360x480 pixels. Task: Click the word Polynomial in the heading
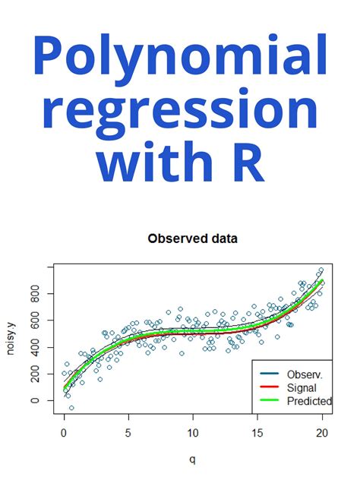point(180,61)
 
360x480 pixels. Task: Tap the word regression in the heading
point(180,112)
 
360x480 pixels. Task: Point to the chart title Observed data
point(192,238)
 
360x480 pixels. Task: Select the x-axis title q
point(193,459)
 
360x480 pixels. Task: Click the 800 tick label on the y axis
point(35,293)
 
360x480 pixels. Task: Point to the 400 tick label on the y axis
point(35,347)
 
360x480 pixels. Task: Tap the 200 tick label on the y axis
point(35,374)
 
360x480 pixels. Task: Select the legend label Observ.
point(304,374)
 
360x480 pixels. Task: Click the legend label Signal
point(302,388)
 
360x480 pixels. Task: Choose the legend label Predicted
point(308,401)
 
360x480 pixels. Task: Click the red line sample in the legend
point(267,388)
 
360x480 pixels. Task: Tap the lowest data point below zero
point(71,408)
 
